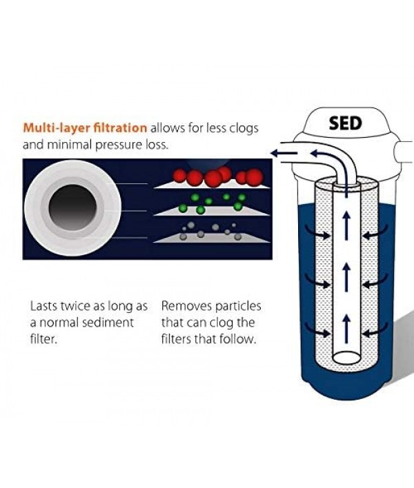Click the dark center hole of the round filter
[72, 209]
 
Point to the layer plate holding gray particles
[210, 237]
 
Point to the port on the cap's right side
[402, 149]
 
